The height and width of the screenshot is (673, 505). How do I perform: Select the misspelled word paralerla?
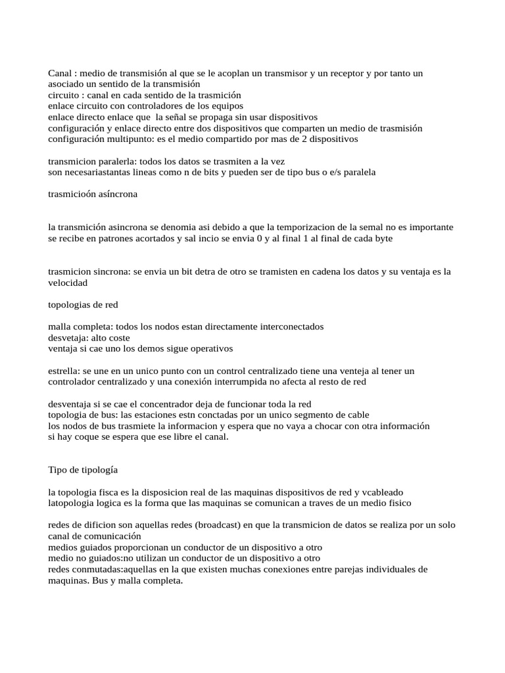[x=114, y=161]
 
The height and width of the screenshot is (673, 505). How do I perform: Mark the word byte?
[x=382, y=238]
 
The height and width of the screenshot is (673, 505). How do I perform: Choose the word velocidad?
[x=68, y=283]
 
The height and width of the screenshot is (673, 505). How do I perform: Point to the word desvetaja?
[x=68, y=337]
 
